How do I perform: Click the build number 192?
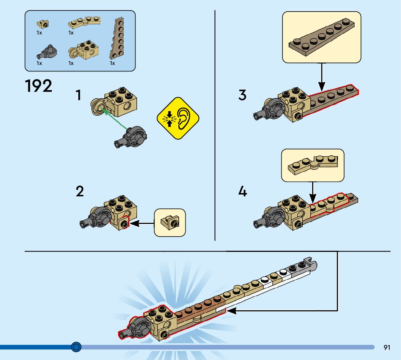(38, 86)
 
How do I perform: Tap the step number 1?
(78, 95)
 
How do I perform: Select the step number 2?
(79, 192)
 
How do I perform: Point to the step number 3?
(242, 95)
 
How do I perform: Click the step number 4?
(242, 192)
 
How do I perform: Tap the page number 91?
(387, 348)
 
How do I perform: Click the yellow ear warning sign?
(178, 118)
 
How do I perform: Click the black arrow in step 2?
(141, 224)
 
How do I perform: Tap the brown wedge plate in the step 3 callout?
(321, 37)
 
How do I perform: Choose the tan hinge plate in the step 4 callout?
(312, 164)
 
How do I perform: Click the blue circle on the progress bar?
(76, 347)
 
